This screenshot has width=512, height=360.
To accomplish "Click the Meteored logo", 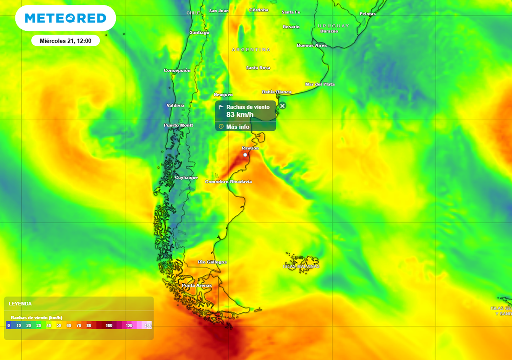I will tap(65, 18).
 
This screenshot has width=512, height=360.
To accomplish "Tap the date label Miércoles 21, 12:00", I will tap(65, 41).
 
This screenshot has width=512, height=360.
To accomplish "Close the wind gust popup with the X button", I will tap(282, 106).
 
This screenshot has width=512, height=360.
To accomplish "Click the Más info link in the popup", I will tap(237, 127).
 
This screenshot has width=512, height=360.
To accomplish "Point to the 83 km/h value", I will tap(240, 115).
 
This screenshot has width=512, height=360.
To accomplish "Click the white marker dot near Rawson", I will tap(245, 155).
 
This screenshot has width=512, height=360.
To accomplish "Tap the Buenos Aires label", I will tap(311, 45).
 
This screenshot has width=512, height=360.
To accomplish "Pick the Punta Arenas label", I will tap(196, 285).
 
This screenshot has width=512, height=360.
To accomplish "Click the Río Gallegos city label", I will tap(212, 262).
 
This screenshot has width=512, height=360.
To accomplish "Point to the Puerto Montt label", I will tap(178, 125).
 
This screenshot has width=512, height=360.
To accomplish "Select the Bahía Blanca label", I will tap(276, 92).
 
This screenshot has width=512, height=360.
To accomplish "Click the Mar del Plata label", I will tap(320, 84).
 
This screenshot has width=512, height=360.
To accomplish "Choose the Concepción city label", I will tap(177, 70).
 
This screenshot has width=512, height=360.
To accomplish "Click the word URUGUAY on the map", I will tap(333, 25).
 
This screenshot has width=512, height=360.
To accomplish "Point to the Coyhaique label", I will tap(186, 177).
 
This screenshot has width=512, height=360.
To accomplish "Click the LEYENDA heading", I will tap(20, 303).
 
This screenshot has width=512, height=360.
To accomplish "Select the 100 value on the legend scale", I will tap(109, 326).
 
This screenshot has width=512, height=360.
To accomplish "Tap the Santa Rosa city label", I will tap(258, 68).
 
